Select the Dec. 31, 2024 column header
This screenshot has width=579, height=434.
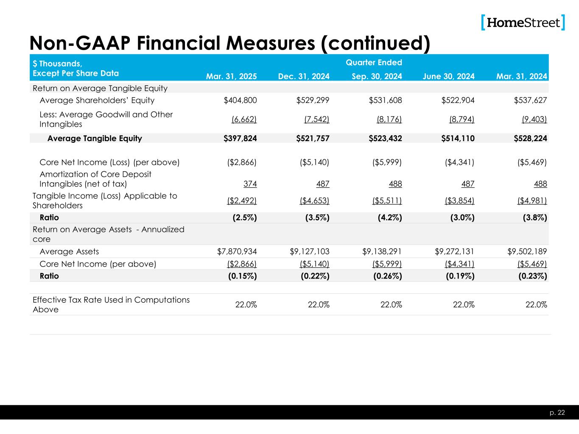304,76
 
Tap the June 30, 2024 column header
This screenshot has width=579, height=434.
448,76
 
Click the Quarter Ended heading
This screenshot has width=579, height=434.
374,63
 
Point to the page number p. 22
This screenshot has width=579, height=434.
558,412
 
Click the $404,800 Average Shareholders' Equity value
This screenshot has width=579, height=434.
240,100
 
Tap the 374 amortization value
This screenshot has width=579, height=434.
250,184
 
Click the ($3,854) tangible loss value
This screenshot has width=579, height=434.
459,200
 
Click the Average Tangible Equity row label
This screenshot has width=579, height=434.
95,138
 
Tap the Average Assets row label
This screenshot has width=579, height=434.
69,251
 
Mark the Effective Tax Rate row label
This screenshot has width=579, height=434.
111,304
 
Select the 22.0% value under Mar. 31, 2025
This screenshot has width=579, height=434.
246,304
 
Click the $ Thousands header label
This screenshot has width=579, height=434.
57,64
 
